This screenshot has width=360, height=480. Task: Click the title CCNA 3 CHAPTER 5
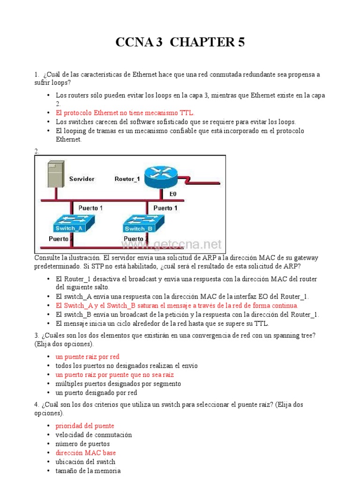180,42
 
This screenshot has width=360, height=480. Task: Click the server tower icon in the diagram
55,174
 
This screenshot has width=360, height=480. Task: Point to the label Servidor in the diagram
82,179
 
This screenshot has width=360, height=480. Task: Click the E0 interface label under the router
173,193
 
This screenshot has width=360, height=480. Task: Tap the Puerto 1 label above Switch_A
90,208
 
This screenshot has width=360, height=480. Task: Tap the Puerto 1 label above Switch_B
165,208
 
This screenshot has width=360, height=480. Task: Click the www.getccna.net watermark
172,245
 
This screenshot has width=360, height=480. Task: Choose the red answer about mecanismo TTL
125,113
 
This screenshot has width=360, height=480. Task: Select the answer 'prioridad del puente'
85,426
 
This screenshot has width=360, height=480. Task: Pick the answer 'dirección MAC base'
86,453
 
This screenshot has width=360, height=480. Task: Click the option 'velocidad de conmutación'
94,435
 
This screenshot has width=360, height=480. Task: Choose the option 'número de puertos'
82,443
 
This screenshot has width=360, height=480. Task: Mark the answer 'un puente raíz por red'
88,357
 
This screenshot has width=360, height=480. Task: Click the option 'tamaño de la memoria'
88,471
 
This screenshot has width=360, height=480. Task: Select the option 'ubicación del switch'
85,462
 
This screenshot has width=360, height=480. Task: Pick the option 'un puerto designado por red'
96,393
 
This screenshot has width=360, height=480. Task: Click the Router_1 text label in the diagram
127,179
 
